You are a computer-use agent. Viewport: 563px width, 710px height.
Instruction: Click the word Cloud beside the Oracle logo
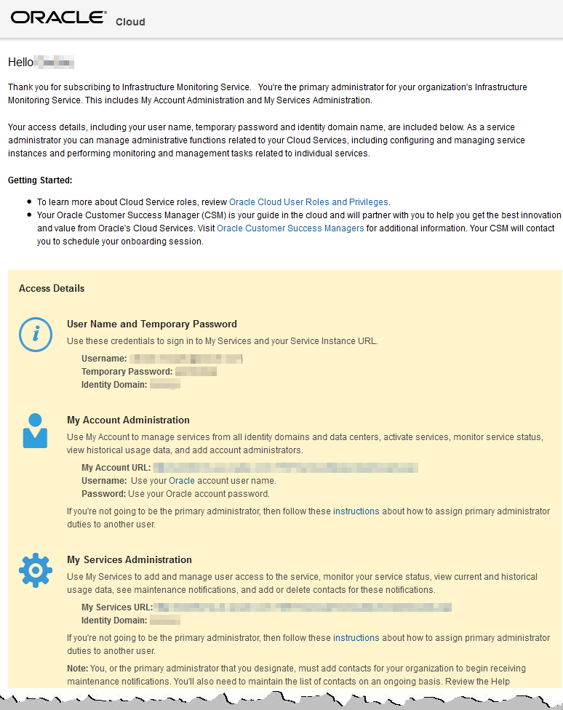130,22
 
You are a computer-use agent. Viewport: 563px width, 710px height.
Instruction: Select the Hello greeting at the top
20,63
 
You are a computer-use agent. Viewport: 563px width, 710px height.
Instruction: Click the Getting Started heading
40,180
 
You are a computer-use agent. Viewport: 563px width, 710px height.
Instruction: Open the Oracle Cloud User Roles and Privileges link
308,202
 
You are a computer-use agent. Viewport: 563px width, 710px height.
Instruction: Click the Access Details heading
52,289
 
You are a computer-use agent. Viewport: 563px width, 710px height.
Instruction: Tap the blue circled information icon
35,335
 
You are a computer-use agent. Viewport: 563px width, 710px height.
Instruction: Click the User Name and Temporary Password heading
152,324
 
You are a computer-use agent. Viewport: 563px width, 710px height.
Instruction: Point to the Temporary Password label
127,372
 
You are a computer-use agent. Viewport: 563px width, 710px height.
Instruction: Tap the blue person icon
35,431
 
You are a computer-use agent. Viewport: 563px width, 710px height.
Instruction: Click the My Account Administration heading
128,420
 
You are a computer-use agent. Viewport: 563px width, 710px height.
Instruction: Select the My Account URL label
116,468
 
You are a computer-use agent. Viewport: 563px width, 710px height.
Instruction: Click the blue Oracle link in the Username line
182,481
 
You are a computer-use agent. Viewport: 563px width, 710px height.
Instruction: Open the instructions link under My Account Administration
356,511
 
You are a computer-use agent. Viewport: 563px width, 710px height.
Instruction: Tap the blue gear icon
35,570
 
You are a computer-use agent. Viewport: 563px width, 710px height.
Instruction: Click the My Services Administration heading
129,560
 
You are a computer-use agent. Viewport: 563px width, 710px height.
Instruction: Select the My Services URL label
117,607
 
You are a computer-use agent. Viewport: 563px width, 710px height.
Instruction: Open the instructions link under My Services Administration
356,638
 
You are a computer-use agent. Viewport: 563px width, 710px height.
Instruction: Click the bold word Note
77,669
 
